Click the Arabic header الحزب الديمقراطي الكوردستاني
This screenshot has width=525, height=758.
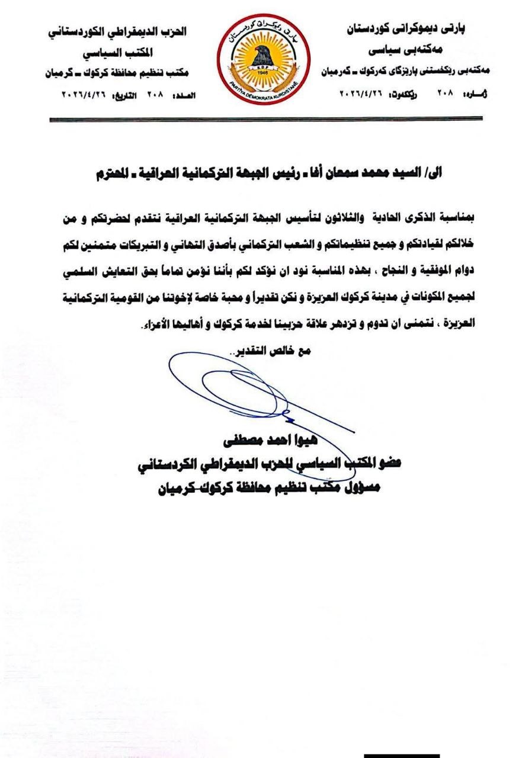click(117, 31)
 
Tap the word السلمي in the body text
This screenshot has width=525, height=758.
click(66, 275)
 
